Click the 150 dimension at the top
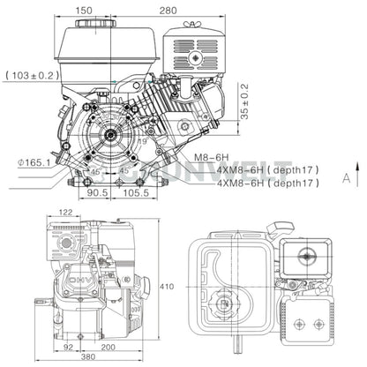coord(109,10)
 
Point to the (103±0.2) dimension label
coord(33,76)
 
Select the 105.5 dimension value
coord(135,191)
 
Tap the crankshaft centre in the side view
coord(111,135)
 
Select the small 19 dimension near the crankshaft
coord(143,139)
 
